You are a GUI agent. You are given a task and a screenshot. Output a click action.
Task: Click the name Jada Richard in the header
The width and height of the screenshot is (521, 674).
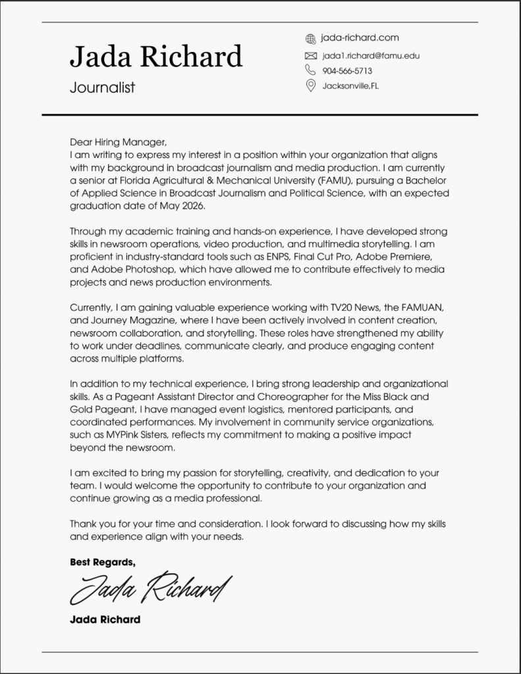[x=156, y=57]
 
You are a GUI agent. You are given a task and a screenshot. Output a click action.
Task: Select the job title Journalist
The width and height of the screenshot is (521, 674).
[x=102, y=88]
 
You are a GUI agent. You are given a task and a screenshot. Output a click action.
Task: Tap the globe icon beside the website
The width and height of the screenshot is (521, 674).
[x=311, y=39]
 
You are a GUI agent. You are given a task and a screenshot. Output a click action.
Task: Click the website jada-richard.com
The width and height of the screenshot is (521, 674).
[x=360, y=38]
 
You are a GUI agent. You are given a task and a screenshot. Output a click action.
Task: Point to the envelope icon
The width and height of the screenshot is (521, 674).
[x=311, y=55]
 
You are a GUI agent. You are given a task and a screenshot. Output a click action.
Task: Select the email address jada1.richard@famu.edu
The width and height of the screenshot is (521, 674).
[x=371, y=55]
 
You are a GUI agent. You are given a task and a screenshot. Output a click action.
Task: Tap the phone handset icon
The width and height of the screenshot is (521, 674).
[x=311, y=70]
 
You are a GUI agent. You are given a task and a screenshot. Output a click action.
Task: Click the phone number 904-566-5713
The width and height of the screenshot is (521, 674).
[x=347, y=70]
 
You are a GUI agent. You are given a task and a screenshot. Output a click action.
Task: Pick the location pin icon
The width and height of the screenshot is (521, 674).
[x=311, y=86]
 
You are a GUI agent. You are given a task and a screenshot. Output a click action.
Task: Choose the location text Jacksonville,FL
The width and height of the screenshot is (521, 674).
[x=350, y=86]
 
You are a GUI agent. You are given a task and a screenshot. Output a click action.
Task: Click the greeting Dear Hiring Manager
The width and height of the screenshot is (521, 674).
[x=119, y=142]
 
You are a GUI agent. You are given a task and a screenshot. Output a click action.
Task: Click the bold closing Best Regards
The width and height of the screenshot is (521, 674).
[x=102, y=561]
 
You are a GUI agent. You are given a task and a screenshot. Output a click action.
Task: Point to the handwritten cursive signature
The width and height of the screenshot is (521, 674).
[x=151, y=588]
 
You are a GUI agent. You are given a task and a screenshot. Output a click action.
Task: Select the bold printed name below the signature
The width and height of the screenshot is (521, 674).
[x=105, y=619]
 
